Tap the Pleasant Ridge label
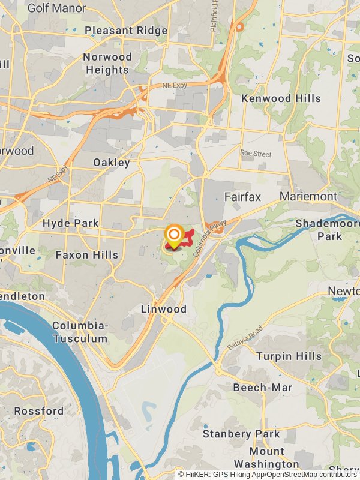click(x=126, y=30)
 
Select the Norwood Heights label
click(x=107, y=64)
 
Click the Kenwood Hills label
click(x=281, y=98)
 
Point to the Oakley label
click(x=112, y=163)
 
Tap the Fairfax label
click(x=243, y=197)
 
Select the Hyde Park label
click(x=71, y=223)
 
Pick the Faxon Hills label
click(x=87, y=255)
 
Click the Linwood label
click(x=163, y=310)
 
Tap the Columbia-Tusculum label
click(x=80, y=332)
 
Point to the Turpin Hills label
click(x=289, y=356)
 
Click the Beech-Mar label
click(x=263, y=388)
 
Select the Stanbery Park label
click(x=241, y=434)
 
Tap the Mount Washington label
click(x=266, y=458)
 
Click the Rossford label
click(x=39, y=411)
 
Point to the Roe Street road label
click(x=256, y=154)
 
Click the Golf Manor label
click(x=57, y=8)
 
